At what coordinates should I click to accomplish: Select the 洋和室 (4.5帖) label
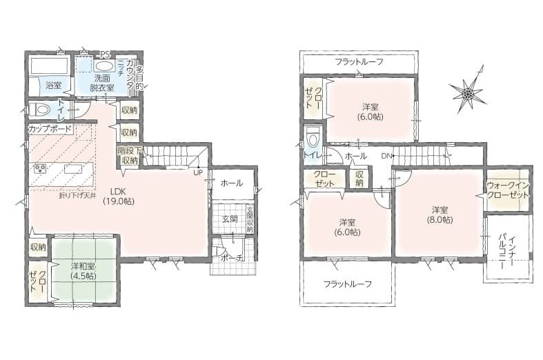tap(83, 270)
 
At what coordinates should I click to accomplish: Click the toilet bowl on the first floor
tap(40, 110)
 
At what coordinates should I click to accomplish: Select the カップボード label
tap(52, 129)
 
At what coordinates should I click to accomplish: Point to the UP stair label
tap(197, 172)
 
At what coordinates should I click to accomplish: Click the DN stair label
tap(386, 156)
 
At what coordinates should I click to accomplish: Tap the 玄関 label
tap(229, 219)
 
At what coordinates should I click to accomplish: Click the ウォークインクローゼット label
tap(508, 190)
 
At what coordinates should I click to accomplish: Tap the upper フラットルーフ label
tap(359, 62)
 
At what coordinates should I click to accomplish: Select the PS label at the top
tap(105, 54)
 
